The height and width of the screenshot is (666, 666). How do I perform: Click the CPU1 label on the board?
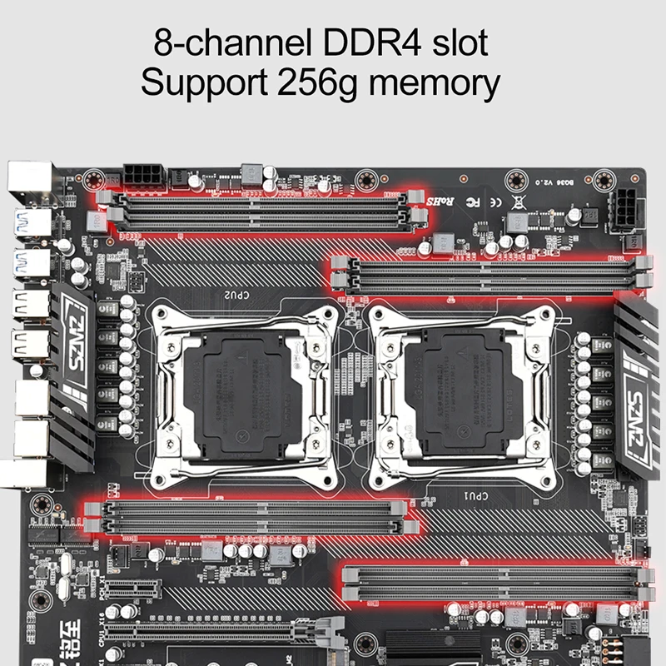pyautogui.click(x=472, y=496)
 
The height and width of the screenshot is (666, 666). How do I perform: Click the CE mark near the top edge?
pyautogui.click(x=495, y=201)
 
